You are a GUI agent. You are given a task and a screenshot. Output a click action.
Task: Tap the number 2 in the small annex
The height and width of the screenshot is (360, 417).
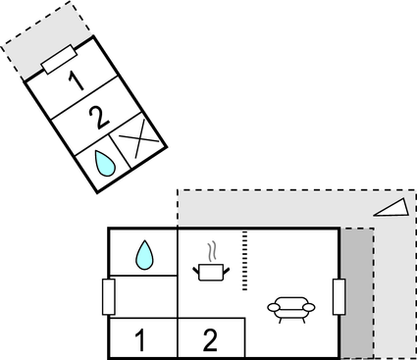click(x=97, y=119)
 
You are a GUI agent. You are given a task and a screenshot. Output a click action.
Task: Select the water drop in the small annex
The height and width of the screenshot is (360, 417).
click(x=103, y=163)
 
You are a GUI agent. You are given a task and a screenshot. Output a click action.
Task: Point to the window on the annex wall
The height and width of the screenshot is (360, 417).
click(x=61, y=60)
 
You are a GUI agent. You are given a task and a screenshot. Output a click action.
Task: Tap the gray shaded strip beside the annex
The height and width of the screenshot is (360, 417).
click(x=29, y=49)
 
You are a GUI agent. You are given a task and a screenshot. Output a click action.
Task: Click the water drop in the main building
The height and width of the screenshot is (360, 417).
click(x=143, y=255)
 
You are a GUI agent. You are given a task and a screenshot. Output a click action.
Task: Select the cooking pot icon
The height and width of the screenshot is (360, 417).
click(x=213, y=271)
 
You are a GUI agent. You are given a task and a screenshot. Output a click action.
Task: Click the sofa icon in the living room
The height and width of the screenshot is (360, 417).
click(x=290, y=308)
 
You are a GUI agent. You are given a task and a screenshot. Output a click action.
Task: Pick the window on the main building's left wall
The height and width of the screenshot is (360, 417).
click(x=109, y=295)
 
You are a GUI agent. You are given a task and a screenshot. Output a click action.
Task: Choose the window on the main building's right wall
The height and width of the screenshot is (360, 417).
click(x=339, y=295)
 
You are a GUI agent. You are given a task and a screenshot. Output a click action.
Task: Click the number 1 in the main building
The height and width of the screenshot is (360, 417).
click(x=140, y=340)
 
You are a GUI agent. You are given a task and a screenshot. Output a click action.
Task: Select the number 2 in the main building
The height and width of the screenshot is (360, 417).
click(x=210, y=340)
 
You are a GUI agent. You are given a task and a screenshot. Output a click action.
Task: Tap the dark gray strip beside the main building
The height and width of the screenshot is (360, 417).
click(x=357, y=294)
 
